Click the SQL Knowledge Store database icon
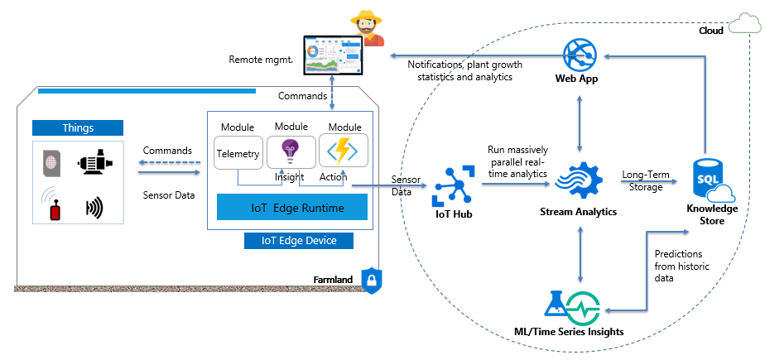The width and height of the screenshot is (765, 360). coord(709,181)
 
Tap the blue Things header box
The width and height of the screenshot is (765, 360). coord(78,128)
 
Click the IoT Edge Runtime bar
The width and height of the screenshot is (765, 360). coord(291,207)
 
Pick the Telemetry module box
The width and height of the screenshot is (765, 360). coord(238,153)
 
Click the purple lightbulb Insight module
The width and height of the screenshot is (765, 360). coord(291,151)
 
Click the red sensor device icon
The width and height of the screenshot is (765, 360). coord(55,207)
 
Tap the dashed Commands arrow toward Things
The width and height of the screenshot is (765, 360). coord(169,165)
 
